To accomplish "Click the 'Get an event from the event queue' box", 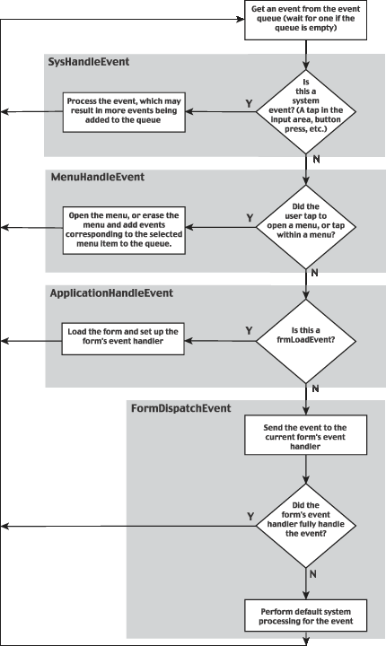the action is coord(305,19).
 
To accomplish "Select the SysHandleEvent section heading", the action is coord(89,62).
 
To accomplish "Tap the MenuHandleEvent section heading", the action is coord(98,177).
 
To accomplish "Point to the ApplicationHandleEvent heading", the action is coord(111,293).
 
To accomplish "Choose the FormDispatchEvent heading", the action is coord(181,408).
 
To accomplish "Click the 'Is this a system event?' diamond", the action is coord(305,111).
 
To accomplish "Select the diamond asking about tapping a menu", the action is coord(305,226).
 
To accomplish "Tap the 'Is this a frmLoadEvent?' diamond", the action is coord(305,341).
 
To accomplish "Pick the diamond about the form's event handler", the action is coord(305,526).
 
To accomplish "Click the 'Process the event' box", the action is coord(124,112).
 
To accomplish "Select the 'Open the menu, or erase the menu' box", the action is coord(124,231).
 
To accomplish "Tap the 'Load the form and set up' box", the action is coord(123,339).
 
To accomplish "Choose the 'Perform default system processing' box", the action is coord(305,615).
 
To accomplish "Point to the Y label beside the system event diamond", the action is coord(249,103).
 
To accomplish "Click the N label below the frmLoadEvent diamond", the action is coord(315,388).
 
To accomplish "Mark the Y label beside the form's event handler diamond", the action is coord(250,516).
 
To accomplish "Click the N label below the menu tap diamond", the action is coord(315,273).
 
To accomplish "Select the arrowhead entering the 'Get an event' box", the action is coord(241,19).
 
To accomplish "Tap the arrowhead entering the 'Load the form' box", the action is coord(189,341).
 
